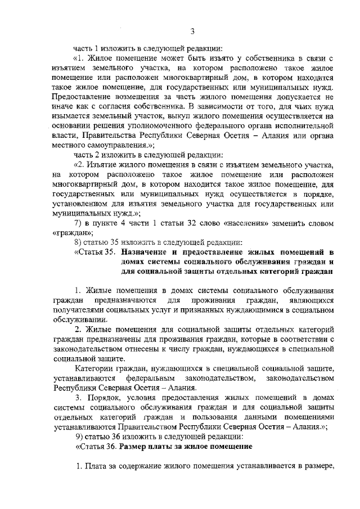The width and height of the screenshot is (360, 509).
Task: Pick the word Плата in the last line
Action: point(97,466)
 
